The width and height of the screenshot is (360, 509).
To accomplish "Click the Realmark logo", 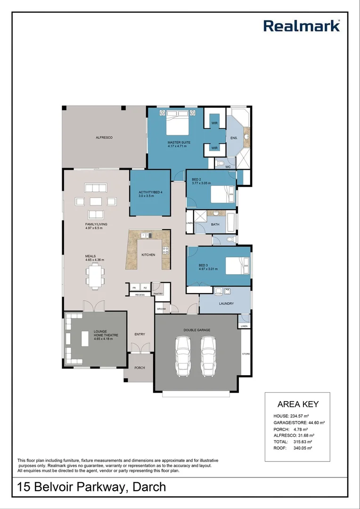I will (x=301, y=25).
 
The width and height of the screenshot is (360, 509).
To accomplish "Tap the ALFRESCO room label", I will (x=104, y=137).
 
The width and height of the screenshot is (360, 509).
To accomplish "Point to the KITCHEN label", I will (x=148, y=255).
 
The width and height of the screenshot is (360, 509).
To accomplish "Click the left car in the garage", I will (x=182, y=355).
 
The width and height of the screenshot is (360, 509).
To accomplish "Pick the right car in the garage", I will (x=209, y=355).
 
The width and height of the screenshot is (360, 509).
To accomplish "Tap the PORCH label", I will (x=139, y=368).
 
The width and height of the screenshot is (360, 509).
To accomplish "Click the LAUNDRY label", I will (x=226, y=304).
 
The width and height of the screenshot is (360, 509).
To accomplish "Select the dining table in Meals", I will (x=95, y=275).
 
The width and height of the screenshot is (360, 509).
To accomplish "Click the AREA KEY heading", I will (x=298, y=404).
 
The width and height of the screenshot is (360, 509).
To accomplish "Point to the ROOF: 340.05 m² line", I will (x=293, y=448).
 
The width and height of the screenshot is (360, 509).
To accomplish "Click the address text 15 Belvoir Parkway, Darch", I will (x=92, y=486).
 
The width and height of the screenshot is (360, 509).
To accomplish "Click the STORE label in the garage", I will (x=245, y=353).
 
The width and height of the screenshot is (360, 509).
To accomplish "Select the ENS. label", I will (x=234, y=138).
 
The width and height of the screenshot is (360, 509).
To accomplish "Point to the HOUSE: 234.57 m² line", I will (x=291, y=416).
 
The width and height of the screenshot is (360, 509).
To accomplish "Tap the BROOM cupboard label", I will (x=161, y=309).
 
